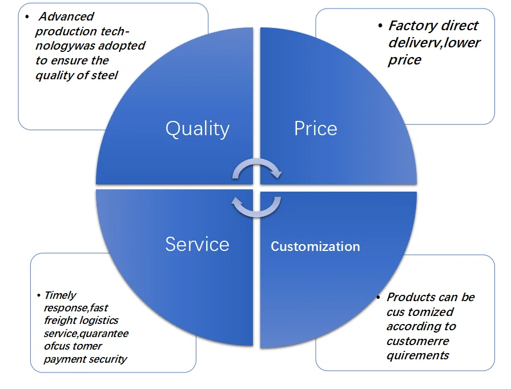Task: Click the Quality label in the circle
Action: coord(198,129)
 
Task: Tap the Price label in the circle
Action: coord(315,128)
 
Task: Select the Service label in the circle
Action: coord(197,244)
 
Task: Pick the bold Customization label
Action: coord(315,246)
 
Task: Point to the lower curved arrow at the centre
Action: coord(256,206)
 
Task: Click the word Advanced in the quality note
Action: coord(66,17)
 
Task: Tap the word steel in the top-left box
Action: coord(105,75)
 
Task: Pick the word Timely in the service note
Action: coord(60,295)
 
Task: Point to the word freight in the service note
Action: coord(59,321)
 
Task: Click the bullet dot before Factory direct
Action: coord(380,26)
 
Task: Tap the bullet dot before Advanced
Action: coord(26,16)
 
